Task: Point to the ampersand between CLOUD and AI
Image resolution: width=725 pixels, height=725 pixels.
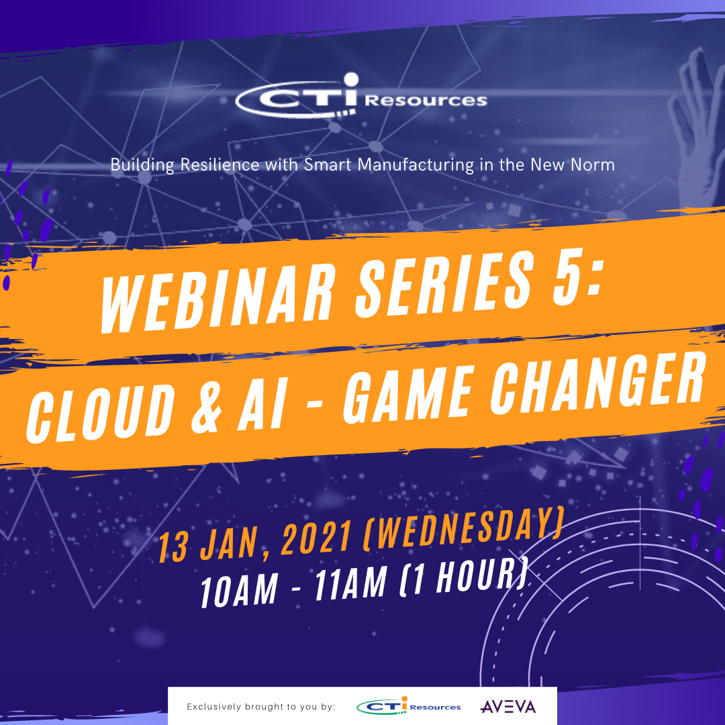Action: pos(207,406)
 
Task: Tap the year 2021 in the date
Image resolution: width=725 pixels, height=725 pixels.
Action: pos(316,538)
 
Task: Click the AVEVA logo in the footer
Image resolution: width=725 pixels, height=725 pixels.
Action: pos(508,706)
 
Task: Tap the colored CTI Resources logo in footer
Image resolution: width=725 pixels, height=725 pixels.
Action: pos(409,706)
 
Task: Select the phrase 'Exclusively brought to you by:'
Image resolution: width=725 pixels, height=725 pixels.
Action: pos(260,706)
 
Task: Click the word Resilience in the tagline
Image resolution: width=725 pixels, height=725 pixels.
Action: pos(220,164)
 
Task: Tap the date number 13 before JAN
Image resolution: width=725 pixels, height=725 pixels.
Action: pos(173,548)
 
